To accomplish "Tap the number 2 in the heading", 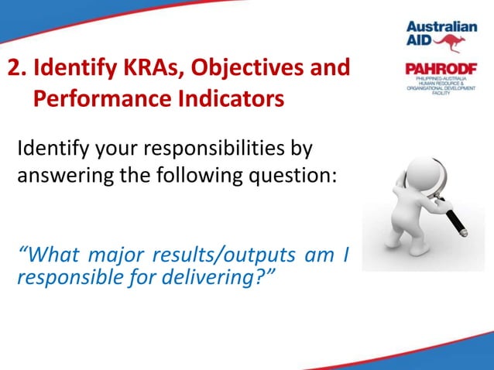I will pyautogui.click(x=13, y=68).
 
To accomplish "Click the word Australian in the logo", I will pyautogui.click(x=442, y=26).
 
